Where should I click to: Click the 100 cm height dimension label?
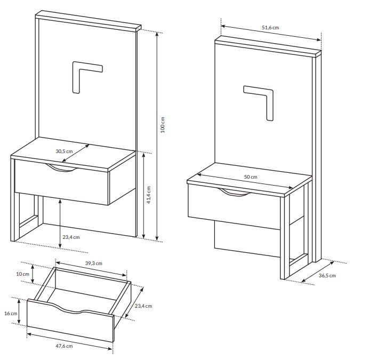163,125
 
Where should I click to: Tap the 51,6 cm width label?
270,28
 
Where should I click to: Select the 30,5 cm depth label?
64,151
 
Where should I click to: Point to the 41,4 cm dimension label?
148,195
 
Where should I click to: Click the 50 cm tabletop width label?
251,177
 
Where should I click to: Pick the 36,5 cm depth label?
327,276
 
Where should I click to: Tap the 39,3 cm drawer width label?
94,263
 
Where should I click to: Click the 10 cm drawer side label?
22,274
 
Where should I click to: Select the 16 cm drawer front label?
11,314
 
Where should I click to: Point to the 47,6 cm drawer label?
64,346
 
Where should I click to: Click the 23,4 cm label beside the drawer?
143,306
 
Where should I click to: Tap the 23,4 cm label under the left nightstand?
71,237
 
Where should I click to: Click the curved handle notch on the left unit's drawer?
61,168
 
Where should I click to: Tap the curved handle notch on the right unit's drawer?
235,193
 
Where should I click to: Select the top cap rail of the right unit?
268,46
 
